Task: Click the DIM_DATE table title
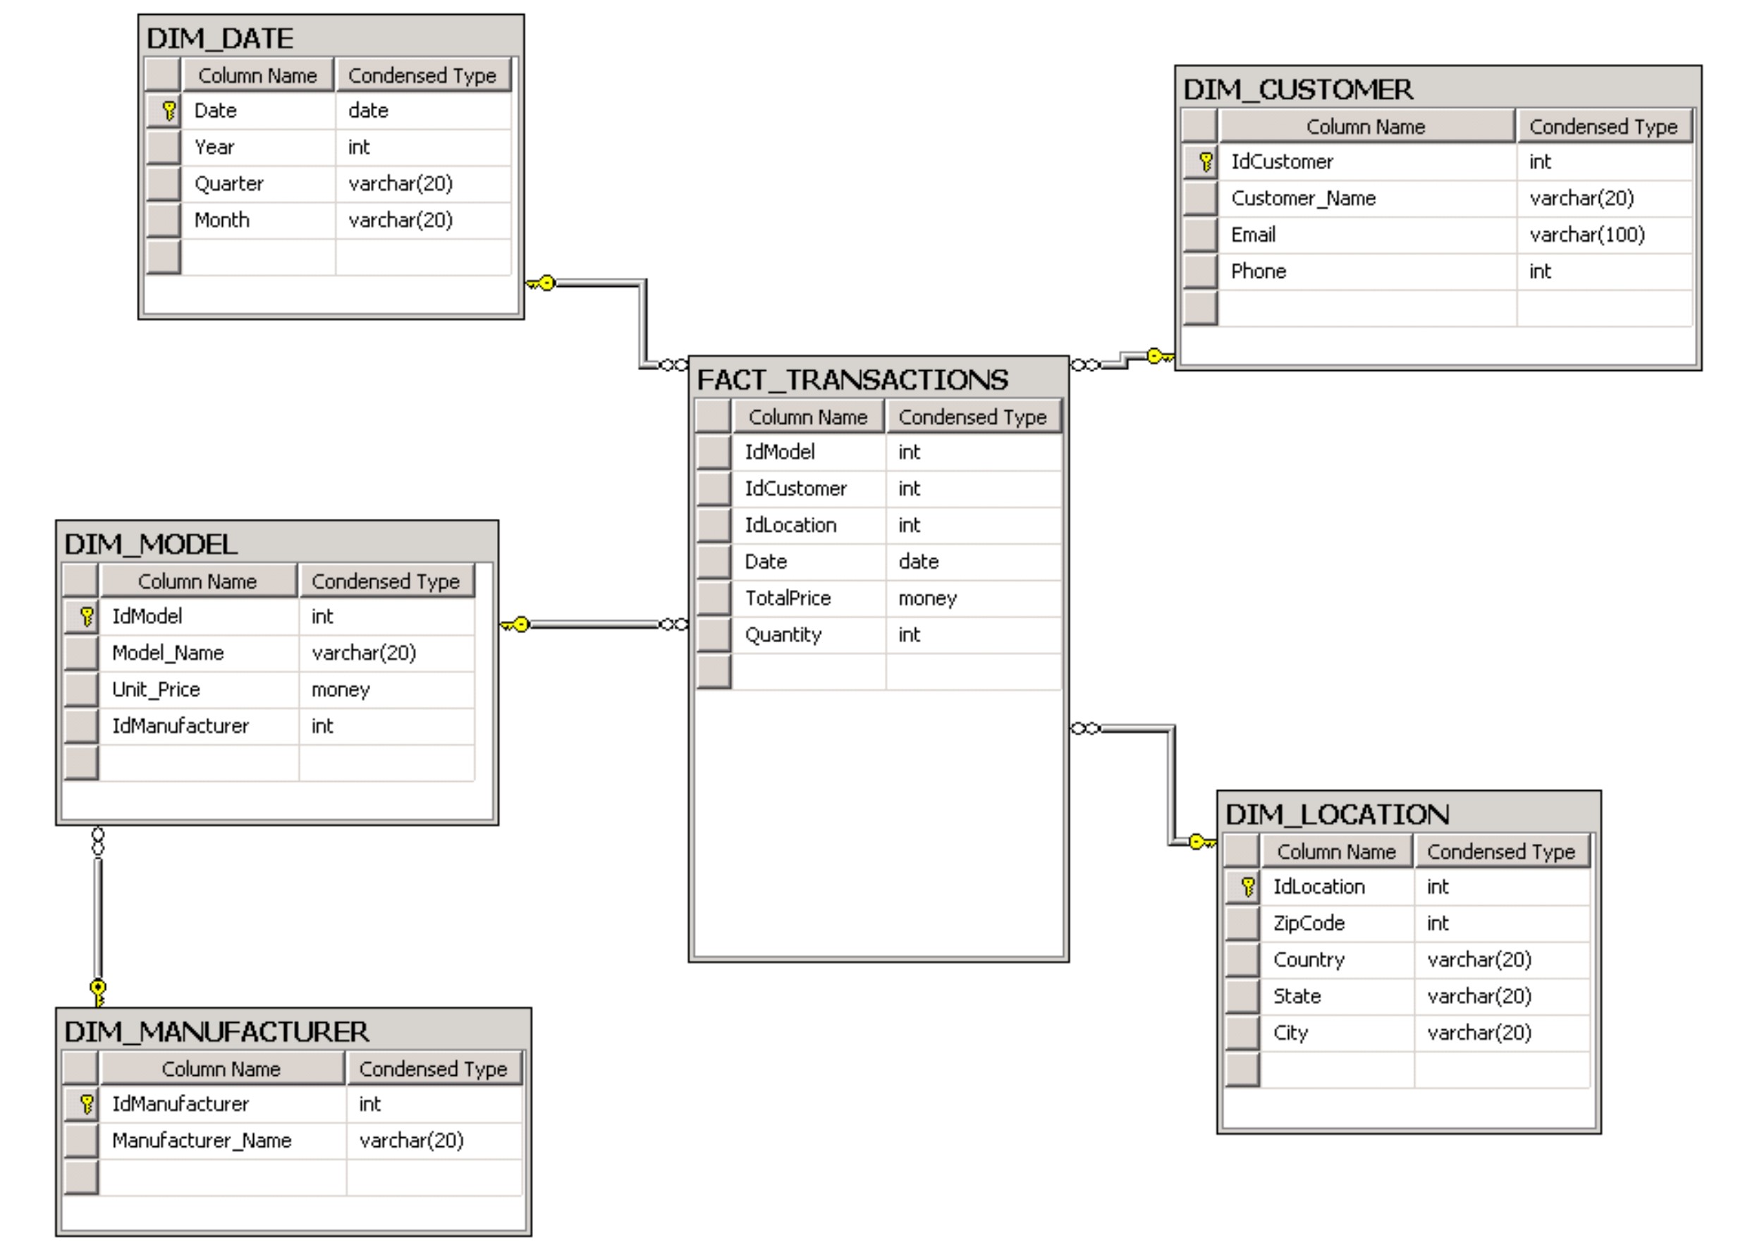pyautogui.click(x=220, y=39)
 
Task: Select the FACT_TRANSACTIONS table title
pyautogui.click(x=852, y=379)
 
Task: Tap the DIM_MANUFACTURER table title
pyautogui.click(x=216, y=1031)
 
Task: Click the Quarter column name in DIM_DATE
pyautogui.click(x=229, y=183)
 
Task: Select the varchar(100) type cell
pyautogui.click(x=1587, y=234)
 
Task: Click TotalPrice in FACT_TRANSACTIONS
pyautogui.click(x=788, y=599)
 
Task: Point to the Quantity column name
pyautogui.click(x=783, y=634)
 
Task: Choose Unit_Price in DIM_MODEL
pyautogui.click(x=156, y=689)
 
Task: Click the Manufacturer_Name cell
pyautogui.click(x=202, y=1140)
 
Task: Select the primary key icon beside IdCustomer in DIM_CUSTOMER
pyautogui.click(x=1206, y=162)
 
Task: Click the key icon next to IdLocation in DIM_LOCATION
pyautogui.click(x=1248, y=887)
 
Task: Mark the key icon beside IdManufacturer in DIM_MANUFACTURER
pyautogui.click(x=86, y=1104)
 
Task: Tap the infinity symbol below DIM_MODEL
pyautogui.click(x=98, y=841)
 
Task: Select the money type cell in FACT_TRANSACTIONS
pyautogui.click(x=927, y=599)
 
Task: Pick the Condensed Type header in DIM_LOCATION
pyautogui.click(x=1501, y=851)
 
